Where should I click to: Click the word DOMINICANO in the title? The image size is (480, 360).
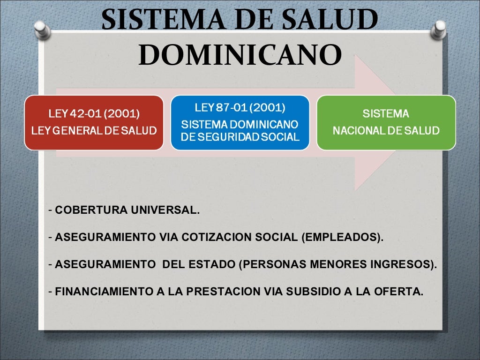240,55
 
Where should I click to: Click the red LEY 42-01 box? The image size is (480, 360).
94,122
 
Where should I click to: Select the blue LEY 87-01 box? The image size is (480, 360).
240,122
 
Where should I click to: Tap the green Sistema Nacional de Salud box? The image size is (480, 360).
386,122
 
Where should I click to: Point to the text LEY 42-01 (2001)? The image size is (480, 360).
94,114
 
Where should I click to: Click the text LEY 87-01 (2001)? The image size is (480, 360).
240,108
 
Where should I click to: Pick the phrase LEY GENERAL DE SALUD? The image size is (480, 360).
94,131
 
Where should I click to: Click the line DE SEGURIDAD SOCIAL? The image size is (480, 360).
240,137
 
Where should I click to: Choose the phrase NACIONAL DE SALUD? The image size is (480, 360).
386,131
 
